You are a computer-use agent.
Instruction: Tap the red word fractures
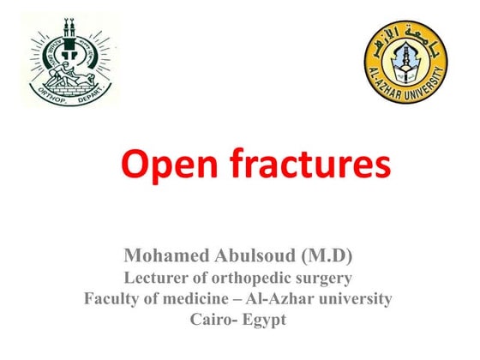304,165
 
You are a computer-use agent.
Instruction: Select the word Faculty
112,299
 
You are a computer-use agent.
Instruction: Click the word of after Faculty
150,299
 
